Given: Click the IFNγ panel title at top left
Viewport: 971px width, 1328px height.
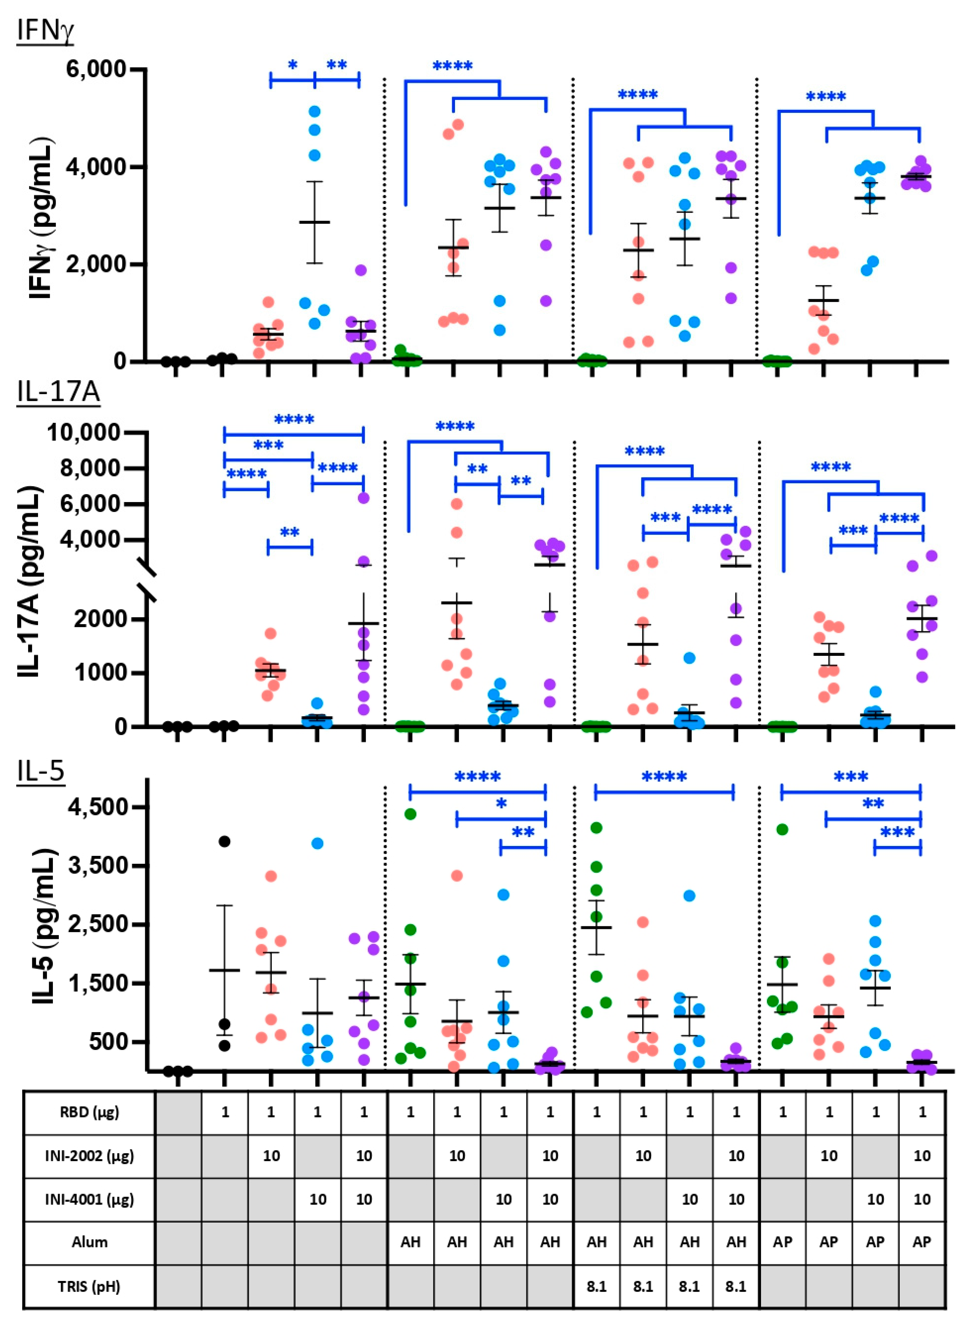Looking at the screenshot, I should tap(45, 31).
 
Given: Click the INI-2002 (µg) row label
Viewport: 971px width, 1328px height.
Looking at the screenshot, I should tap(89, 1156).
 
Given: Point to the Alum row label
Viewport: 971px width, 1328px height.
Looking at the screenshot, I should tap(89, 1242).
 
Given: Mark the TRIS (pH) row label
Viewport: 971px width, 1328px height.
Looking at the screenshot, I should tap(89, 1286).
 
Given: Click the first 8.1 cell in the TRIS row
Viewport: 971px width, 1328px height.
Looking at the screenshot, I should tap(596, 1286).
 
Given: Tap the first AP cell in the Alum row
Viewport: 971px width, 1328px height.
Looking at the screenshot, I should tap(782, 1242).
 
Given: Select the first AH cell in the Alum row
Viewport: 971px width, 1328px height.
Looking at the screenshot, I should tap(410, 1242).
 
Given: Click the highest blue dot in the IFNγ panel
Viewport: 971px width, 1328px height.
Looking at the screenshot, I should tap(314, 111).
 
